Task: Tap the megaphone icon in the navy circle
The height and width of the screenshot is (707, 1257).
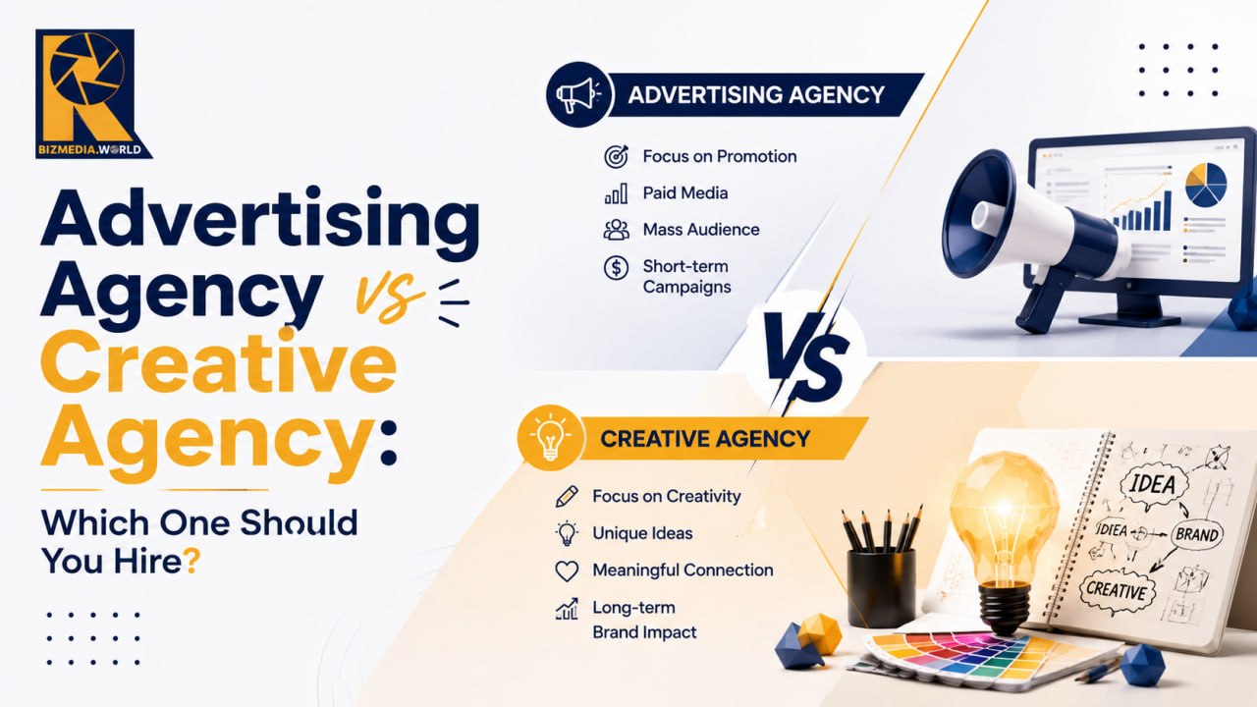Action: click(577, 95)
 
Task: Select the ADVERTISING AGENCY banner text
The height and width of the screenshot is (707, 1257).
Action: click(756, 94)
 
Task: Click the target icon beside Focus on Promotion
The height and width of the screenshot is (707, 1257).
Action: click(616, 156)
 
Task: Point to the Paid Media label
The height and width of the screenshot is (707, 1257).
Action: click(685, 193)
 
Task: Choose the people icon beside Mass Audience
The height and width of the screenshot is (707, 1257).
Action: click(616, 230)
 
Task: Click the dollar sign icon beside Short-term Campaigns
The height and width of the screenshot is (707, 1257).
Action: click(616, 268)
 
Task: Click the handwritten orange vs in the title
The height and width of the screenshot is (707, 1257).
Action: click(388, 298)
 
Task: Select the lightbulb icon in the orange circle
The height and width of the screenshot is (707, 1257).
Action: click(550, 438)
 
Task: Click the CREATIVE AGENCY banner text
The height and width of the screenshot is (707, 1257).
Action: click(705, 439)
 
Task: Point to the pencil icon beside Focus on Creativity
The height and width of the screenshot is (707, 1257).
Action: click(567, 497)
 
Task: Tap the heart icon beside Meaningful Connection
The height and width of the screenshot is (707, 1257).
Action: click(567, 571)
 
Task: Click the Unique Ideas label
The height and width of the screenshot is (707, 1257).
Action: click(642, 533)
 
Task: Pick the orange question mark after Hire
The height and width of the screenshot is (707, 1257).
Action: click(191, 561)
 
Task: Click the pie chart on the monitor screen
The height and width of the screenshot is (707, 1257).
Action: click(1206, 184)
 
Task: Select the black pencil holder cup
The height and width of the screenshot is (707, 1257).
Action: click(881, 587)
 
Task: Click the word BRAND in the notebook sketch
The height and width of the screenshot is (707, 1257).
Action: click(1197, 534)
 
